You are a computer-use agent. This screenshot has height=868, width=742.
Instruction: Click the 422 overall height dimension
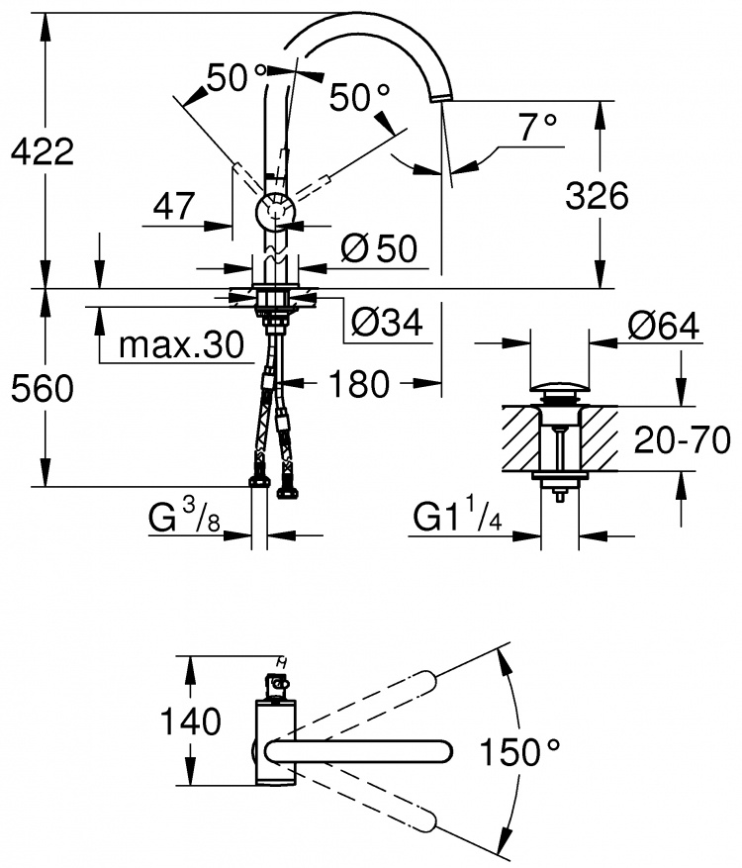tap(43, 151)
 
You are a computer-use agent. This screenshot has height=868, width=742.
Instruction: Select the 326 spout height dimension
tap(597, 195)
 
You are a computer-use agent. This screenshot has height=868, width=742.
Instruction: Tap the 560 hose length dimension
tap(43, 388)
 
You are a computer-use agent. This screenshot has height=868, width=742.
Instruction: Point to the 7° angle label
tap(537, 127)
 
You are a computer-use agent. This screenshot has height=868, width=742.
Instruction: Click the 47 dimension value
tap(174, 206)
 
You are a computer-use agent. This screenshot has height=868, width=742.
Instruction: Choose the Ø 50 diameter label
tap(379, 248)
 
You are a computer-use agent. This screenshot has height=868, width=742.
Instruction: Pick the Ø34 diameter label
tap(387, 321)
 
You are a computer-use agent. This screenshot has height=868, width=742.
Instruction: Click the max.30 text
tap(181, 344)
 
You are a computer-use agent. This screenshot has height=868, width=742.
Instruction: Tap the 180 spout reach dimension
tap(359, 384)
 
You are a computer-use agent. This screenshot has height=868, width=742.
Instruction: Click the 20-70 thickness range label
tap(683, 440)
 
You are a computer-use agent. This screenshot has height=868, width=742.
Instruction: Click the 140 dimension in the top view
tap(190, 722)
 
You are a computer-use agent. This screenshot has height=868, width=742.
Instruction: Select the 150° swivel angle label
tap(519, 752)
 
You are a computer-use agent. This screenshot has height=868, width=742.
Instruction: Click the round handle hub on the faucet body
tap(276, 212)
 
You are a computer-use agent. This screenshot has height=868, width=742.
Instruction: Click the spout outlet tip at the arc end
tap(441, 98)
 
